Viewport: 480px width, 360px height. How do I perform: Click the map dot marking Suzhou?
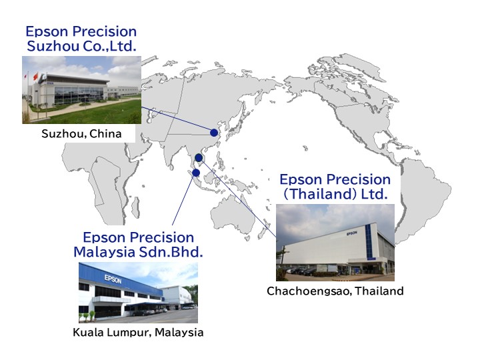[x=214, y=133]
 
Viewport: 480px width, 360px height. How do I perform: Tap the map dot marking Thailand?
[x=199, y=158]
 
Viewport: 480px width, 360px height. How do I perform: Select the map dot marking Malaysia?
[x=196, y=173]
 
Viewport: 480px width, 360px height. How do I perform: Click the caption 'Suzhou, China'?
[x=81, y=134]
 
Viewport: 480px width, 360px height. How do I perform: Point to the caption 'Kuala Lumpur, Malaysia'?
[x=138, y=333]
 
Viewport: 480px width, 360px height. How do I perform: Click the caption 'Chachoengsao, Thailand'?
[x=335, y=291]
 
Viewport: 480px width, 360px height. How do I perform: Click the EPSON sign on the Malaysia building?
[x=113, y=279]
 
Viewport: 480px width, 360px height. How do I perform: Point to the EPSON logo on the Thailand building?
[x=352, y=233]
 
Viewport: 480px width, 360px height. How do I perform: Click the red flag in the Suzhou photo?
[x=35, y=76]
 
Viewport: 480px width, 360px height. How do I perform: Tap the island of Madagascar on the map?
[x=135, y=207]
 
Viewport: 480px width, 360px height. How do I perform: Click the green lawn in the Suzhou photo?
[x=101, y=113]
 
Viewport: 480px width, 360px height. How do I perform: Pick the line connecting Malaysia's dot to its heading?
[x=183, y=200]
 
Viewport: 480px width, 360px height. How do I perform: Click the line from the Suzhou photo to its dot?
[x=176, y=119]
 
